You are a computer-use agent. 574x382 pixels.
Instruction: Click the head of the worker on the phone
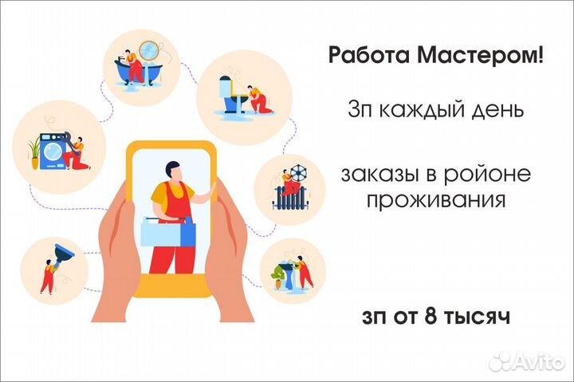pos(172,171)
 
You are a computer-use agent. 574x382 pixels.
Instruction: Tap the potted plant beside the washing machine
pos(34,152)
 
